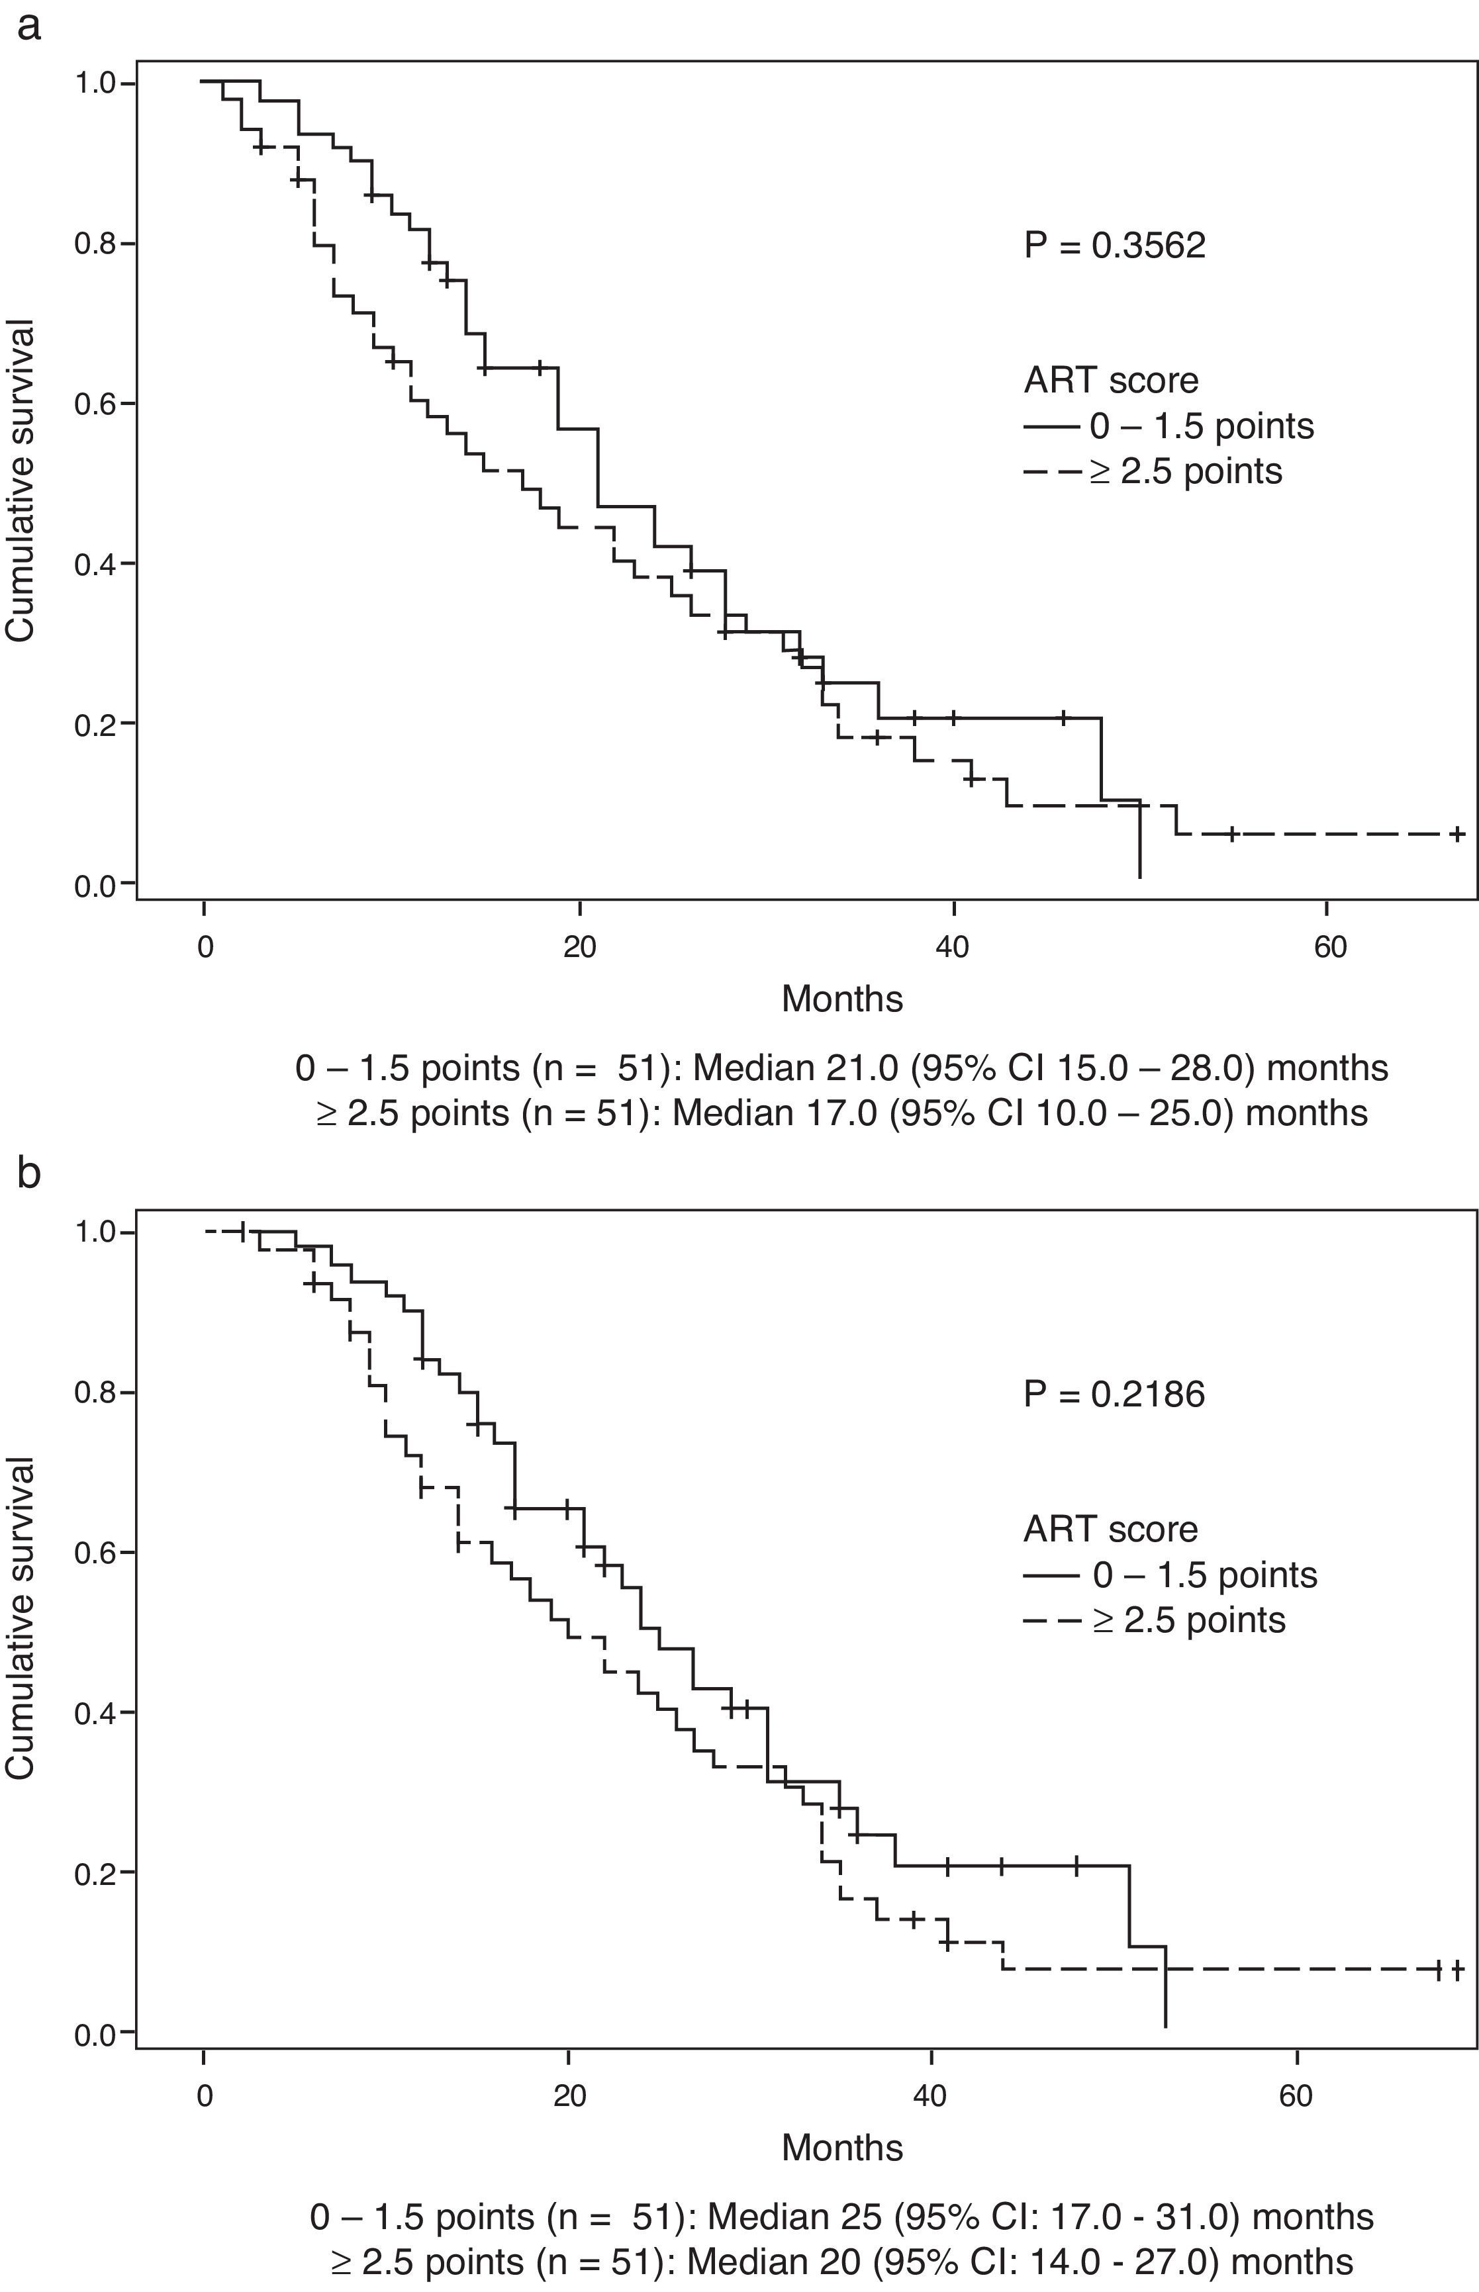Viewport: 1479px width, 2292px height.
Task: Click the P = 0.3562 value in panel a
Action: click(1114, 247)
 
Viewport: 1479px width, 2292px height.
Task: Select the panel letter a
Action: click(29, 27)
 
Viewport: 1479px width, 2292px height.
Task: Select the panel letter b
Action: click(29, 1173)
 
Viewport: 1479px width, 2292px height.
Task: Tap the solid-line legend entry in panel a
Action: click(1169, 426)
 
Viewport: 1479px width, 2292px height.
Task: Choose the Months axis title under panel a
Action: click(842, 999)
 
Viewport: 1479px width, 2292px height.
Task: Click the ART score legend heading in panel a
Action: click(1111, 381)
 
